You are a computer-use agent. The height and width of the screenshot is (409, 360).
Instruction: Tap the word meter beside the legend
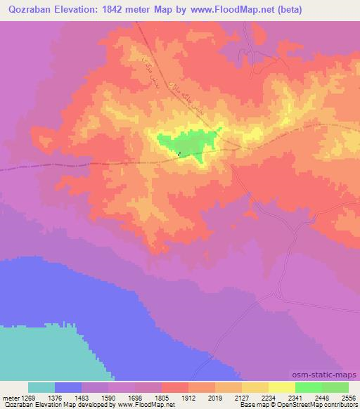pos(10,397)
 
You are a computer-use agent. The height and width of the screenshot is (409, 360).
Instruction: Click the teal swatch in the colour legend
pos(41,387)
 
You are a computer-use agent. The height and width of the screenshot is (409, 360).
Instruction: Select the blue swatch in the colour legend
pos(68,387)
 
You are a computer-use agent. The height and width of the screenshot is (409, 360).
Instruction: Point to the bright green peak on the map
pos(190,143)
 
